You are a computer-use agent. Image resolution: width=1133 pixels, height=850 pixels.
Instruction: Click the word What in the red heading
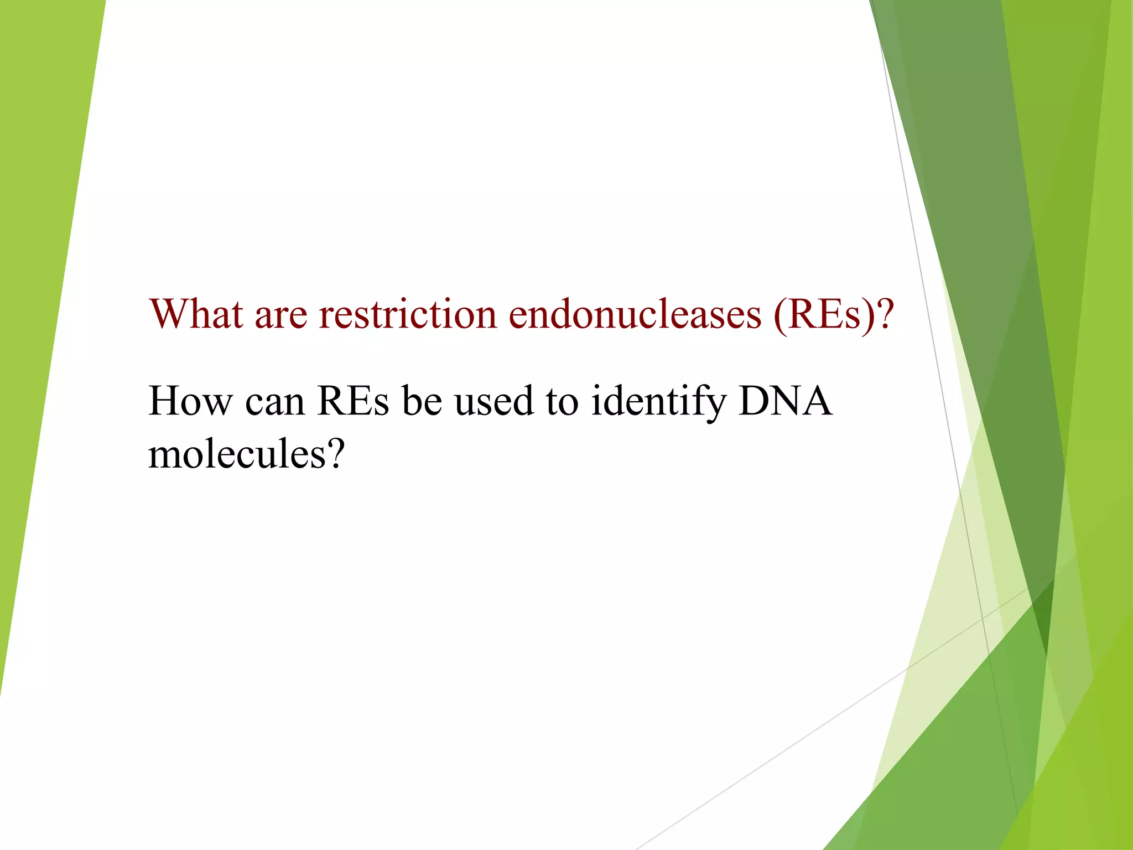click(196, 314)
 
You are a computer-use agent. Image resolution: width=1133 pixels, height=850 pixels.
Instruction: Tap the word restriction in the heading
click(408, 314)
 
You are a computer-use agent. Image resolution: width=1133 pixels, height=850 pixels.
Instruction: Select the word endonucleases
click(635, 314)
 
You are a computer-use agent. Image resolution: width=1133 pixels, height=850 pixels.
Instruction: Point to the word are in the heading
click(280, 315)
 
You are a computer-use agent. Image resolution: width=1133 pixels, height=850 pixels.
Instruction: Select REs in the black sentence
click(353, 401)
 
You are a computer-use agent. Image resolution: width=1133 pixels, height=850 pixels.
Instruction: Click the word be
click(422, 401)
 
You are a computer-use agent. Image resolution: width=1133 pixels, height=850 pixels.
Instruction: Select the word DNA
click(785, 401)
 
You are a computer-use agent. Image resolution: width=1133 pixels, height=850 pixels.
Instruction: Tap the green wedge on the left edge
click(39, 277)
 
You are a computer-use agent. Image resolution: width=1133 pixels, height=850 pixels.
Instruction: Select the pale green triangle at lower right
click(940, 636)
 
